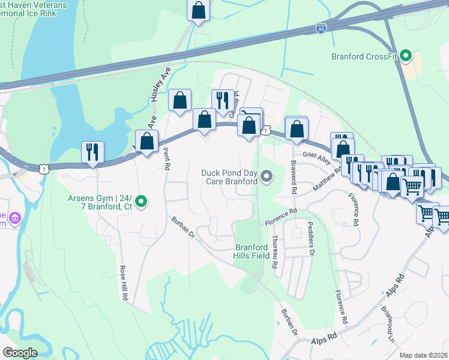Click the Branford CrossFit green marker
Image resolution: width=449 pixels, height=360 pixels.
406,58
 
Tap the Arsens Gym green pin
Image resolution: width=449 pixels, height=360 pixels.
141,202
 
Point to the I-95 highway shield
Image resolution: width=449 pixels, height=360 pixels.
322,28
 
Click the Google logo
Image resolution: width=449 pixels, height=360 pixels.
20,353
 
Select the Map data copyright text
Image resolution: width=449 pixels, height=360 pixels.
423,355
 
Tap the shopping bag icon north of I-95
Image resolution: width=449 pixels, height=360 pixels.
197,10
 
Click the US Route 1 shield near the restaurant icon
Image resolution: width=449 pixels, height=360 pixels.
44,170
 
